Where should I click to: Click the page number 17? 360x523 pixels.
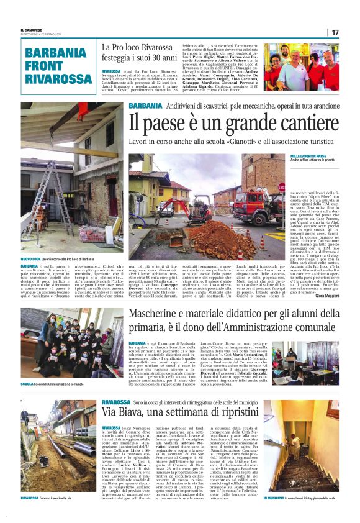tap(335, 32)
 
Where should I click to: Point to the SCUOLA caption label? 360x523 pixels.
tap(30, 384)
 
